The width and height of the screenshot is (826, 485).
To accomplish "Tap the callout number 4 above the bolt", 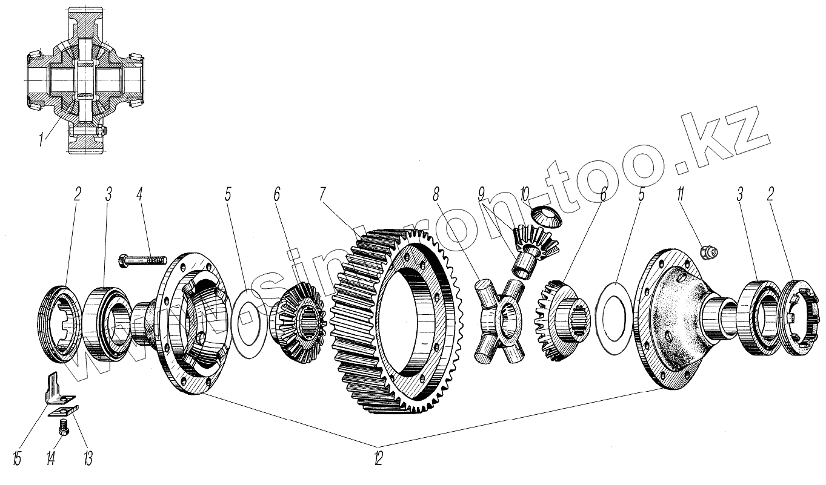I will point(140,195).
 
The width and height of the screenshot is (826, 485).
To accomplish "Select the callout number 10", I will point(525,195).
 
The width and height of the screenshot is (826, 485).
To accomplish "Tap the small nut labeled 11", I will point(707,251).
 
